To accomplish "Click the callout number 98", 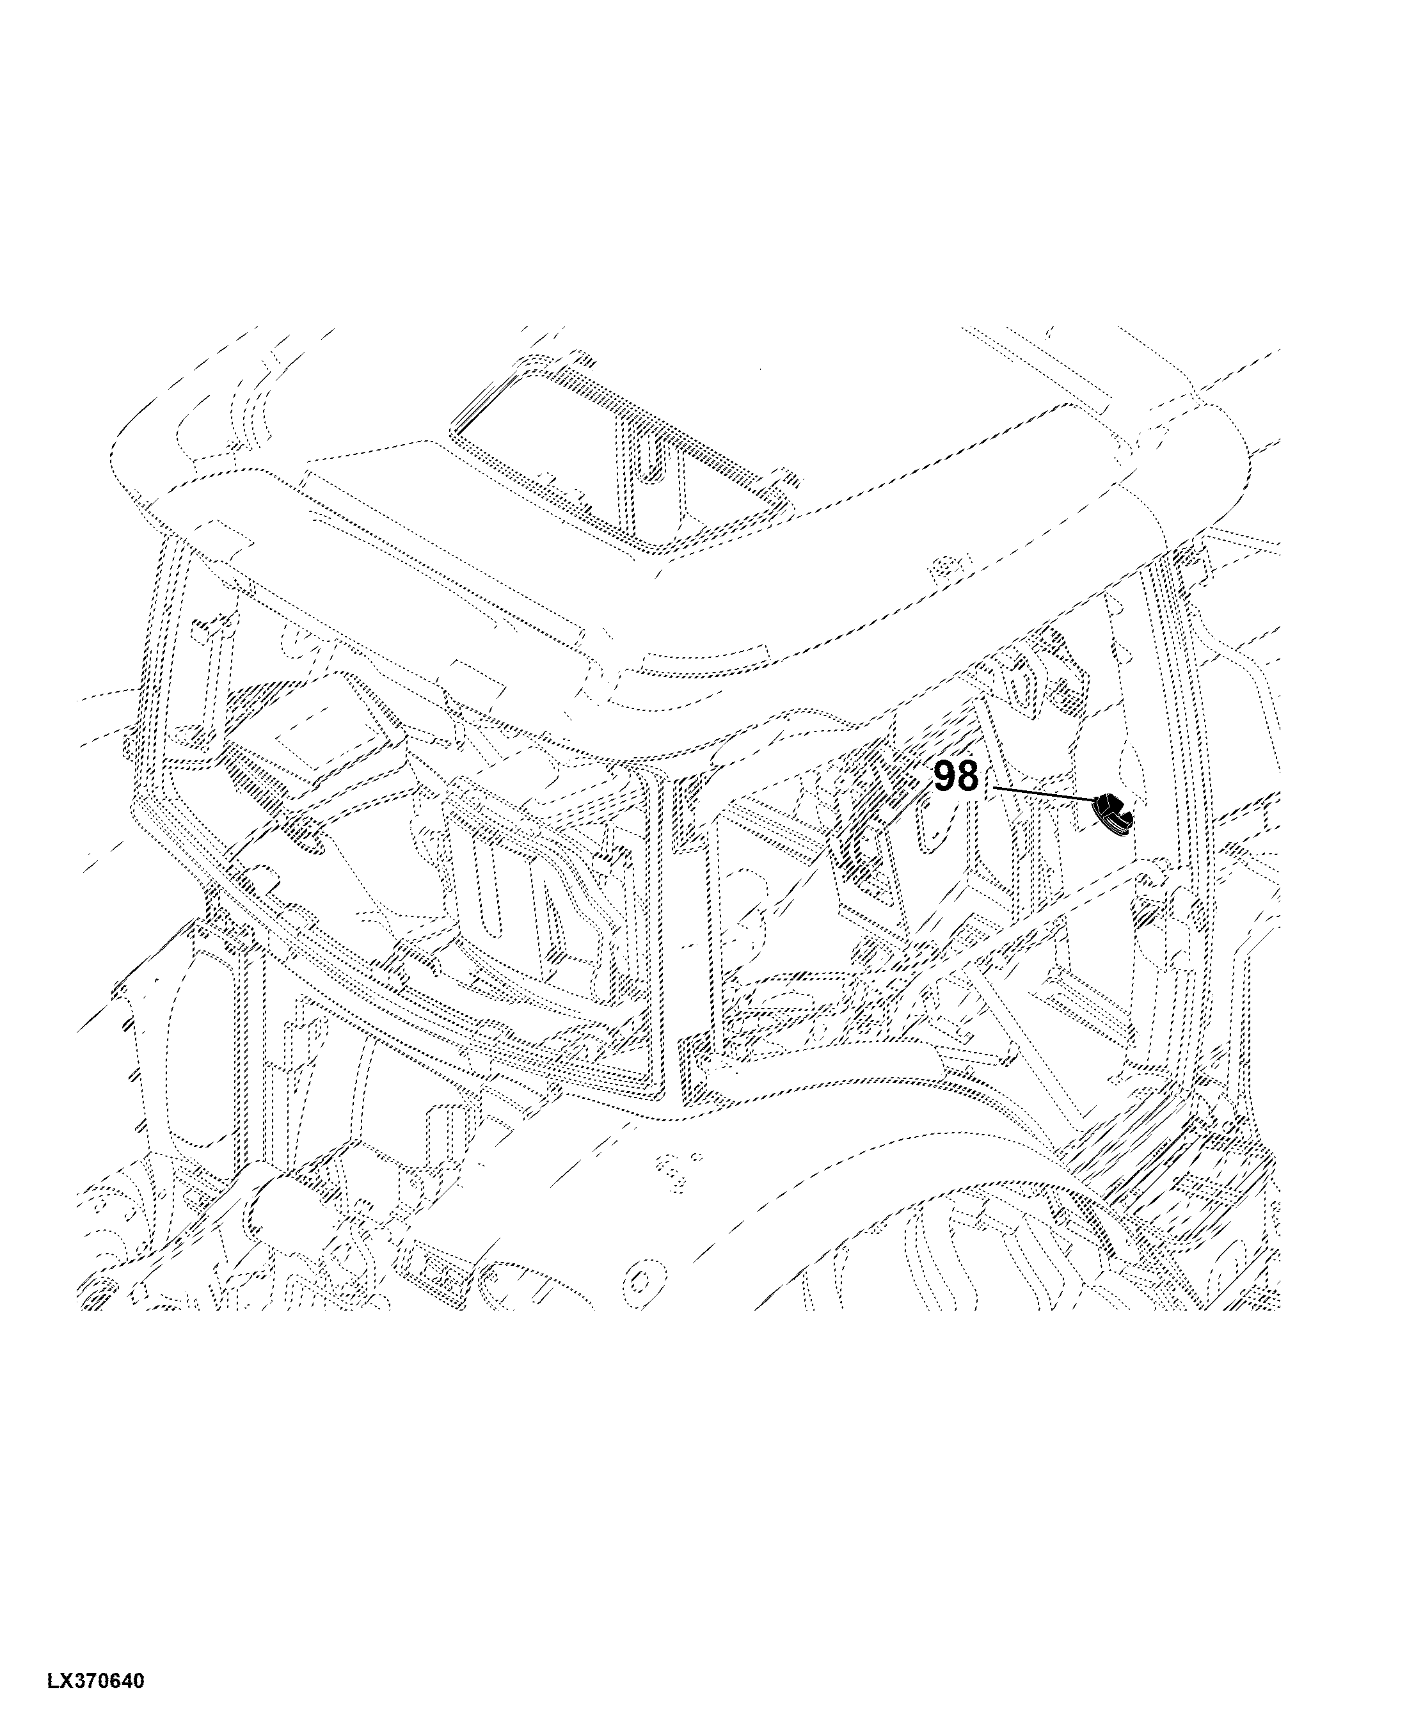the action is tap(957, 776).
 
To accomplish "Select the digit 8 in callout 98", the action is tap(968, 776).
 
